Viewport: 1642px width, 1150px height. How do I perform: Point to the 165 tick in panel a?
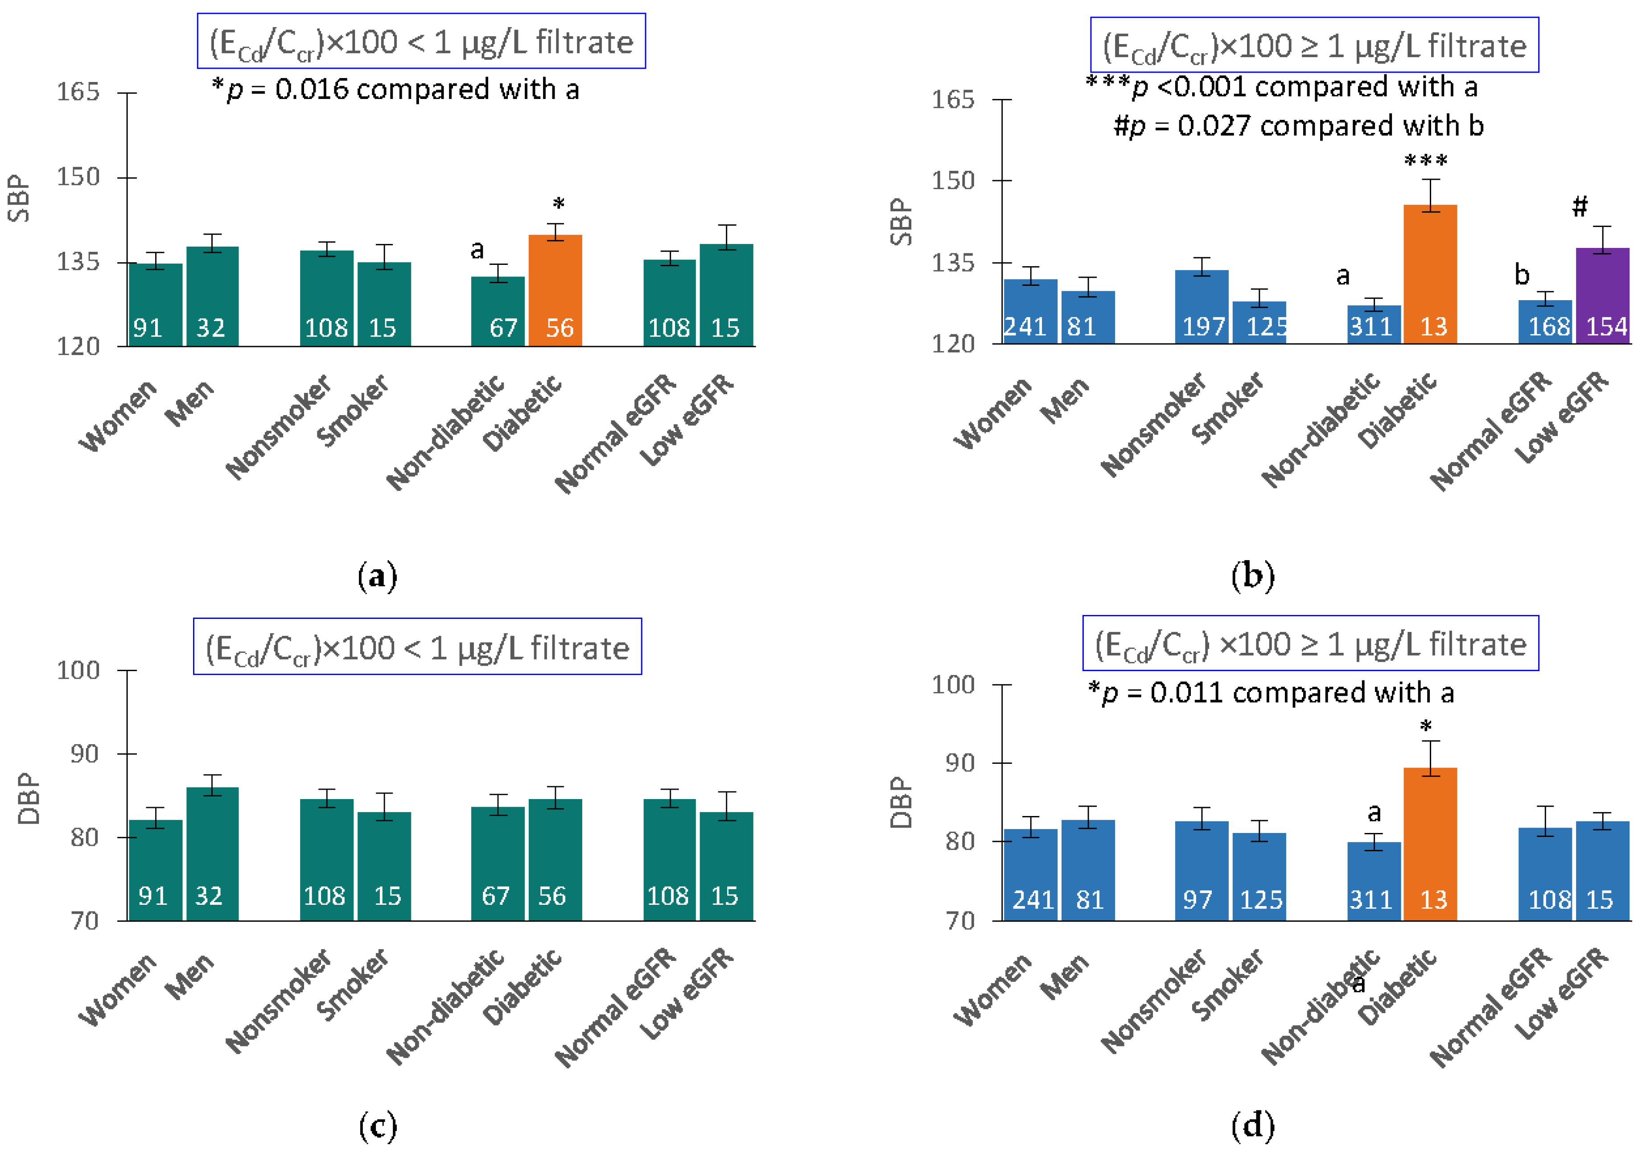(78, 92)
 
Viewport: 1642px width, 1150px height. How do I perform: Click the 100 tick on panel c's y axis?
(78, 670)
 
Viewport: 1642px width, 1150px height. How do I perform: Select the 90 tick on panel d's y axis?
(960, 763)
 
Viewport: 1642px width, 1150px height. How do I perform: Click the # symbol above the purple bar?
(1579, 207)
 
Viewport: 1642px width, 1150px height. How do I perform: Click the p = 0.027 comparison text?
(1298, 126)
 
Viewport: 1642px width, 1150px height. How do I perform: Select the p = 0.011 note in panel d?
(1271, 692)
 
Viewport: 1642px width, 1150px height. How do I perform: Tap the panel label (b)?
(1252, 576)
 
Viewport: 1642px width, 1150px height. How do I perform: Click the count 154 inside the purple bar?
(1606, 327)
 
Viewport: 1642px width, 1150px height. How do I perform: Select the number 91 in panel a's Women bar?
(148, 328)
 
